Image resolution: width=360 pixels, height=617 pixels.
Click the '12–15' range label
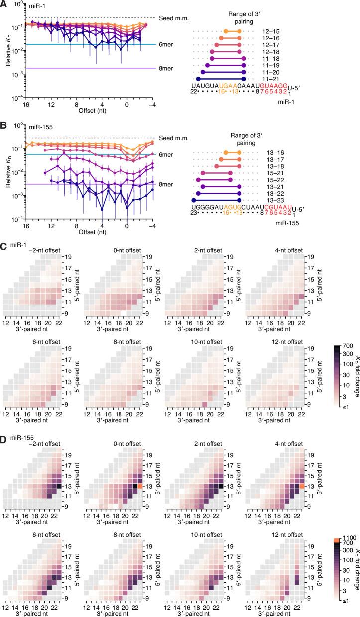coord(268,31)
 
